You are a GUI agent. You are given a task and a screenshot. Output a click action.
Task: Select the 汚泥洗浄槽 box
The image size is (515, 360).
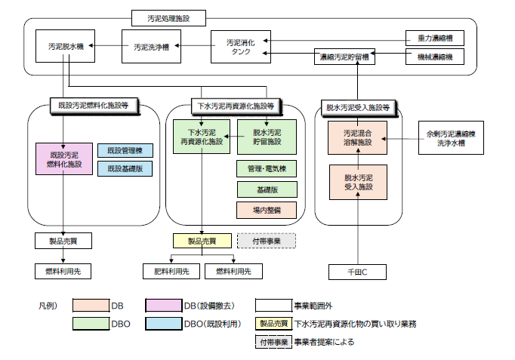tap(151, 47)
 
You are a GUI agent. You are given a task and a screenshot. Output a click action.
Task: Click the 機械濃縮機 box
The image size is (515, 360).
tap(429, 57)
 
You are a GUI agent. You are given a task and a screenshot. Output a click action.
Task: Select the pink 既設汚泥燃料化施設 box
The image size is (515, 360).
tap(63, 159)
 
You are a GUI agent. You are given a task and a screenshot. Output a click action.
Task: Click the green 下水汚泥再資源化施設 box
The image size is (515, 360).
tap(201, 137)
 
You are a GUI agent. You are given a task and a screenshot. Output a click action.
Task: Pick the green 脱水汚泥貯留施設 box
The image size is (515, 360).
tap(267, 137)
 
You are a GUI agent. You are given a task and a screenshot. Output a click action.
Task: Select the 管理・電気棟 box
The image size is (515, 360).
tap(267, 168)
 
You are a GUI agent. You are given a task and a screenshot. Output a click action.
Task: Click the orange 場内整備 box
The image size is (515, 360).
tap(267, 210)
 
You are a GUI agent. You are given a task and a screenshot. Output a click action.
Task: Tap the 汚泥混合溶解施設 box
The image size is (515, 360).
tap(357, 137)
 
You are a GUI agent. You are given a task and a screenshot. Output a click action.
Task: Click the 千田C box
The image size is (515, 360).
tap(357, 271)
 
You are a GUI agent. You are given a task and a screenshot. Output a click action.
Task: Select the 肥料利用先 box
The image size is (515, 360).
tap(170, 271)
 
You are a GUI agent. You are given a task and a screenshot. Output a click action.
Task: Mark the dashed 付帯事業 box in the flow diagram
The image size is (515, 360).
tap(267, 241)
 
